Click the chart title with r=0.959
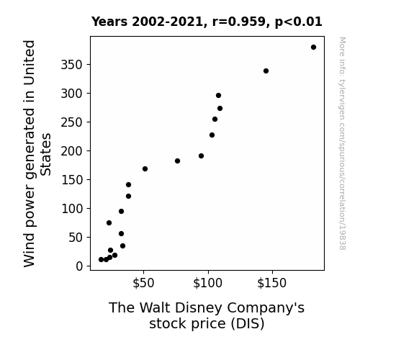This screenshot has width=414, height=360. click(x=207, y=22)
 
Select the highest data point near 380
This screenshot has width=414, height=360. click(x=313, y=48)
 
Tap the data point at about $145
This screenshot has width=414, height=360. click(x=266, y=71)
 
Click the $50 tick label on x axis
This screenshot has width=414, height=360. click(x=143, y=283)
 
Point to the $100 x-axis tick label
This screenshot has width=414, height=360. click(x=208, y=283)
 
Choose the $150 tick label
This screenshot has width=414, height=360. click(x=272, y=283)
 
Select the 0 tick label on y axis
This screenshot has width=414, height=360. click(x=79, y=266)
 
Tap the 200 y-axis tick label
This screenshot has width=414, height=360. click(x=72, y=151)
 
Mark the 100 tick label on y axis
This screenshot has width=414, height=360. click(x=72, y=209)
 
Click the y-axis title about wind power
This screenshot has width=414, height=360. click(x=37, y=153)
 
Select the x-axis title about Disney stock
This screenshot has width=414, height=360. click(x=207, y=315)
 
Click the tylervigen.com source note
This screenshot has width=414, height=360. click(x=342, y=143)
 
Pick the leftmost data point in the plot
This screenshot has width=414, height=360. click(x=101, y=260)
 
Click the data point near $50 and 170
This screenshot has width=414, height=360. click(x=145, y=168)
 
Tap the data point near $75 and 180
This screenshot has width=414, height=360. click(x=177, y=161)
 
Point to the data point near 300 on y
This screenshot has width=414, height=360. click(x=218, y=95)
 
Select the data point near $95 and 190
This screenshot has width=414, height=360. click(x=201, y=156)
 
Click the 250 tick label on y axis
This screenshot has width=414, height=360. click(x=72, y=122)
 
